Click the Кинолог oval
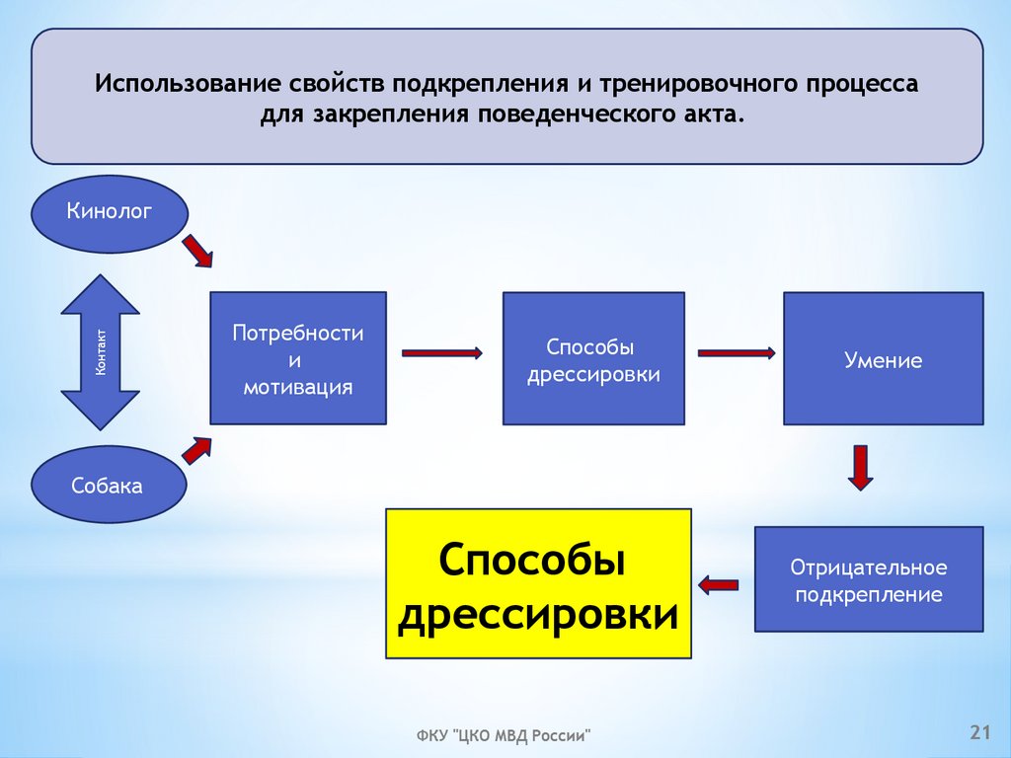(x=110, y=212)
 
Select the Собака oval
(x=108, y=484)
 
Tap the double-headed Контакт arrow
(x=101, y=352)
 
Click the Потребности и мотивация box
(x=298, y=358)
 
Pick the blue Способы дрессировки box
(x=593, y=358)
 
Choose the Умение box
(x=884, y=358)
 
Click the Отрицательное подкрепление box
(x=869, y=579)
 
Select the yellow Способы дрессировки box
(x=538, y=583)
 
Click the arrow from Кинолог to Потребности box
(x=197, y=251)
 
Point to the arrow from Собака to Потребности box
(x=197, y=451)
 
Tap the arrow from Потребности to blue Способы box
(x=441, y=352)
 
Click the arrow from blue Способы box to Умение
(x=736, y=352)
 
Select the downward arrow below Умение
(x=861, y=468)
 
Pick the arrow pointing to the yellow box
(x=720, y=584)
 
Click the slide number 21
(x=979, y=731)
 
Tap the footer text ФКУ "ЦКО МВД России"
(x=503, y=735)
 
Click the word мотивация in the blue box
(x=298, y=386)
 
